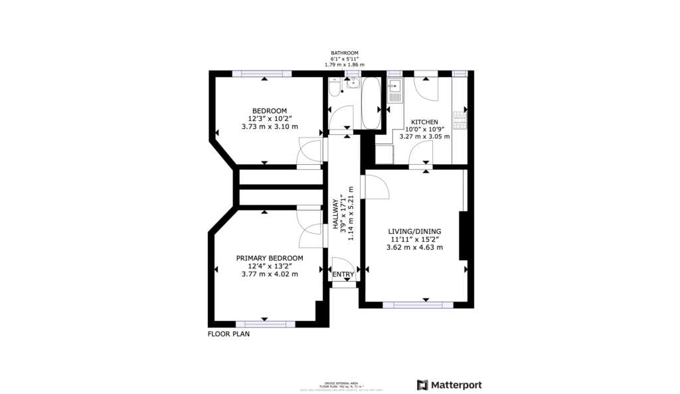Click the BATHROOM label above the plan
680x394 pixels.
click(x=345, y=53)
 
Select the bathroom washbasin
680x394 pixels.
click(x=353, y=83)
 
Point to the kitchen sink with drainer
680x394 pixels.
click(x=395, y=90)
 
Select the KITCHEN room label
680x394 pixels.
click(x=424, y=122)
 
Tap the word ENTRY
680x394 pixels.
click(x=343, y=274)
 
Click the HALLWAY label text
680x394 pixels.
click(x=335, y=216)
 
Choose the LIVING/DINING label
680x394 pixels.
click(x=414, y=232)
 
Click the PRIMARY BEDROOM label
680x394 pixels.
click(x=270, y=258)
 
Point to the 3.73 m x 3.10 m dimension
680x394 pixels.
click(x=269, y=126)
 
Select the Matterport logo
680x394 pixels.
click(x=449, y=385)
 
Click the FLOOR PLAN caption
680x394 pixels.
click(x=228, y=334)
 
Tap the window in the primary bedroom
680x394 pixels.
click(x=265, y=324)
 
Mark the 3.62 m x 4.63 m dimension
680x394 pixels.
click(x=414, y=247)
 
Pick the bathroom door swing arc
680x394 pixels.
click(x=343, y=118)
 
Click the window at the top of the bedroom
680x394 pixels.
click(x=265, y=73)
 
